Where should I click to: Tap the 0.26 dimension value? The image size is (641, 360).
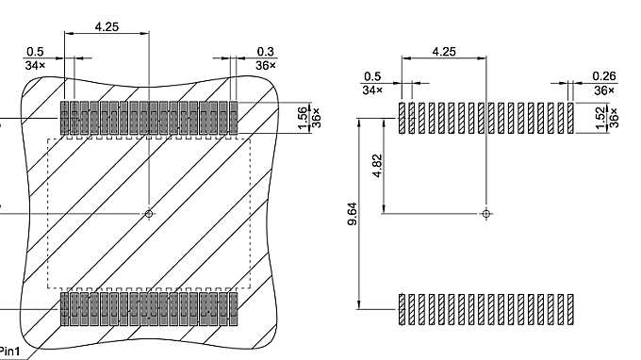[603, 75]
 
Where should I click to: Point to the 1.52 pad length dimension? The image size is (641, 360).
[601, 117]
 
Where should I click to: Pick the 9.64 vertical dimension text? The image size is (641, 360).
[353, 214]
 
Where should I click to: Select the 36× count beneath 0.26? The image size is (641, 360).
[603, 90]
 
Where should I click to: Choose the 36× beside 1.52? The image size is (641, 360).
[614, 117]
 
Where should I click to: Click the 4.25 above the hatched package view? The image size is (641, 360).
[107, 27]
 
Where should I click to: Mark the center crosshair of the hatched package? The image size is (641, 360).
[148, 214]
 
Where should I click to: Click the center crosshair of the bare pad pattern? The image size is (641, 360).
[485, 214]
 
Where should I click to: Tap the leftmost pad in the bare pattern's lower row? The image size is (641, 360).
[402, 309]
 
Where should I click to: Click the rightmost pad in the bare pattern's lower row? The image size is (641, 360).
[570, 309]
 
